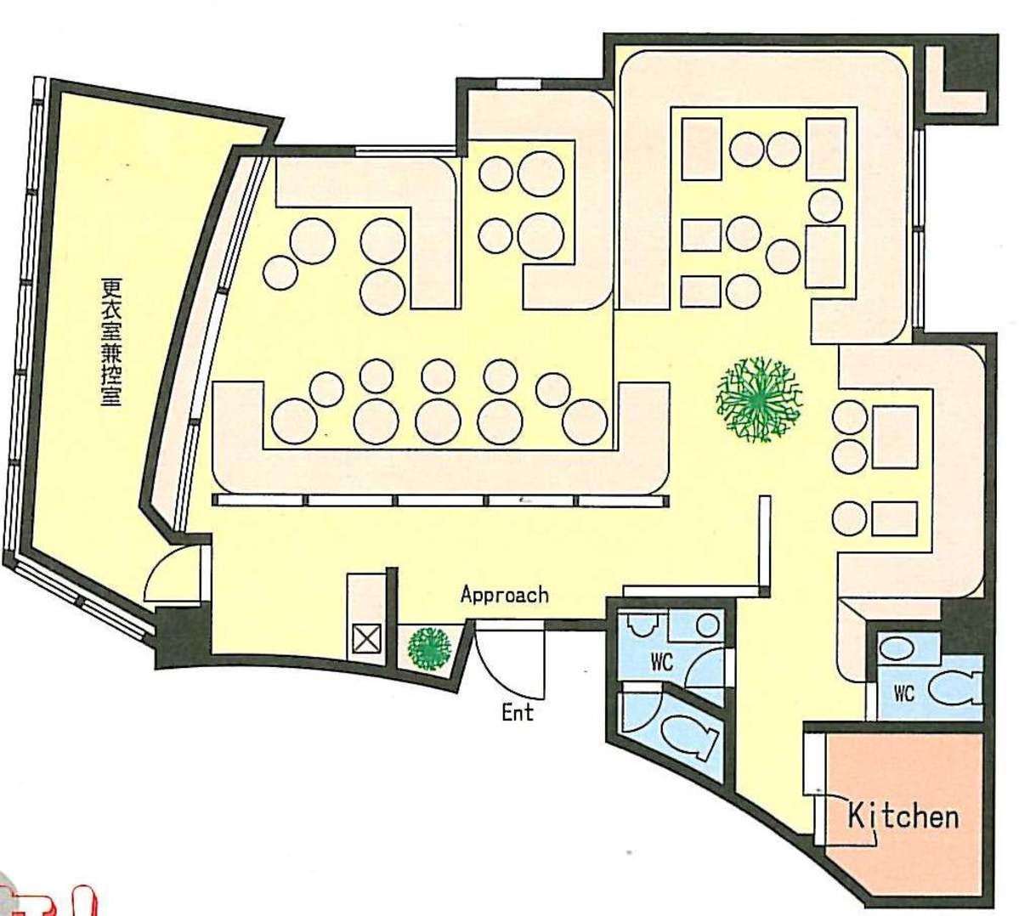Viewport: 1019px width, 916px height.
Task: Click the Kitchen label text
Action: (903, 816)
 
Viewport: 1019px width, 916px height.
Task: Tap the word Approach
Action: (504, 595)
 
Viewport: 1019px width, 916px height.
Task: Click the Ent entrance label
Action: (518, 712)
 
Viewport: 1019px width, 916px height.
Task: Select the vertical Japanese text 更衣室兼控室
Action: (111, 342)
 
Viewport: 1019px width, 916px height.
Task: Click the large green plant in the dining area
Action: (758, 399)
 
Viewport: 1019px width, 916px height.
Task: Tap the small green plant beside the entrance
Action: (429, 647)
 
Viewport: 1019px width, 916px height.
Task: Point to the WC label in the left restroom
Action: (661, 663)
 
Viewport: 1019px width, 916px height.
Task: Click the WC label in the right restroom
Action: (904, 694)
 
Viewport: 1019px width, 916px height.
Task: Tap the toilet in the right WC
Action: (955, 688)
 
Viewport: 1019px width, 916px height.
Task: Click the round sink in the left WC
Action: (707, 625)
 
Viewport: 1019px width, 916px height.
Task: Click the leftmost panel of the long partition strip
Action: (259, 500)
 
